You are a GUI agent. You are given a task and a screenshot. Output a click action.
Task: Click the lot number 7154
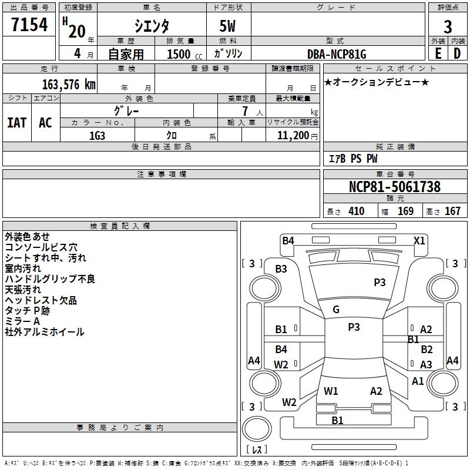pos(29,25)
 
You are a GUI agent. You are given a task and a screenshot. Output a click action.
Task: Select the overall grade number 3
pos(448,26)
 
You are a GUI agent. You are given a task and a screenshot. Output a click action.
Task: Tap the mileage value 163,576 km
pos(69,85)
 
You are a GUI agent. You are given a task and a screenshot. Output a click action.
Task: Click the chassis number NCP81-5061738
pos(395,186)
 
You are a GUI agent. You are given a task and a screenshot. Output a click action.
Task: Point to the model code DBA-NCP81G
pos(337,54)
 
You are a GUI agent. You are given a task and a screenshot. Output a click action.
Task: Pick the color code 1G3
pos(97,136)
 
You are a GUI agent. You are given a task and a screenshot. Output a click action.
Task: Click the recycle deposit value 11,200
pos(293,136)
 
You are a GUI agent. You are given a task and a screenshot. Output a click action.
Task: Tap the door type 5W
pos(227,26)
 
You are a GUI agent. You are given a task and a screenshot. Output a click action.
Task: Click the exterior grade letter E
pos(438,53)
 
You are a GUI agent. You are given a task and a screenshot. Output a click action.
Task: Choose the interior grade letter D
pos(457,53)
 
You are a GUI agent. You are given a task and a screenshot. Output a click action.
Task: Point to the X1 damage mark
pos(419,241)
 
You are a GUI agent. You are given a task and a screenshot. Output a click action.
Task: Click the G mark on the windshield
pos(336,310)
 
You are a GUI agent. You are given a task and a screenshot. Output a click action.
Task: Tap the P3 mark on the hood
pos(380,283)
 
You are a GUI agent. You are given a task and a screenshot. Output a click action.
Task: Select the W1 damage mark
pos(331,391)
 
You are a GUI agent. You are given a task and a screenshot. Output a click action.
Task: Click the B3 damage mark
pos(281,269)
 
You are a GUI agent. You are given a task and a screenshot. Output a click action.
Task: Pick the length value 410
pos(357,211)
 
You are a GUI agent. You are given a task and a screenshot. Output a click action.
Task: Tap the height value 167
pos(452,211)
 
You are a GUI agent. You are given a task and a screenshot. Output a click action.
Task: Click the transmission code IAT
pos(17,123)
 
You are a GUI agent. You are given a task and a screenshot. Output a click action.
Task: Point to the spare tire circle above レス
pos(257,429)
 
